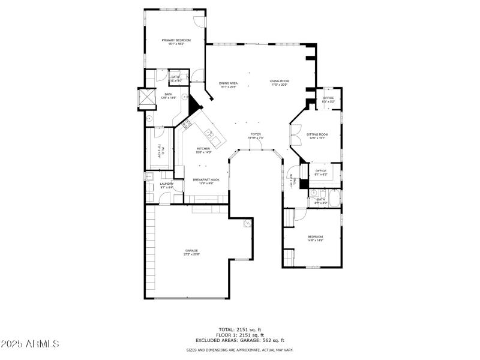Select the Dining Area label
pyautogui.click(x=228, y=85)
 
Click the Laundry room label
pyautogui.click(x=166, y=185)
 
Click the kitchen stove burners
pyautogui.click(x=187, y=125)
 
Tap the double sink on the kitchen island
pyautogui.click(x=209, y=133)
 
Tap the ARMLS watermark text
pyautogui.click(x=30, y=344)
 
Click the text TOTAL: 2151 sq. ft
pyautogui.click(x=239, y=329)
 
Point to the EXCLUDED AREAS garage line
pyautogui.click(x=239, y=340)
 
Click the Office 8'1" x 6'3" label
pyautogui.click(x=321, y=172)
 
